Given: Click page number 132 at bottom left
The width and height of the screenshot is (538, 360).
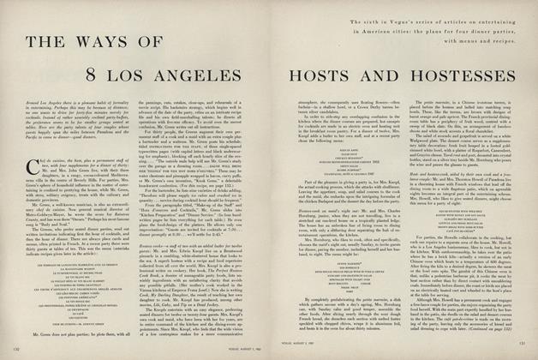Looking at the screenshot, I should [x=18, y=350].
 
